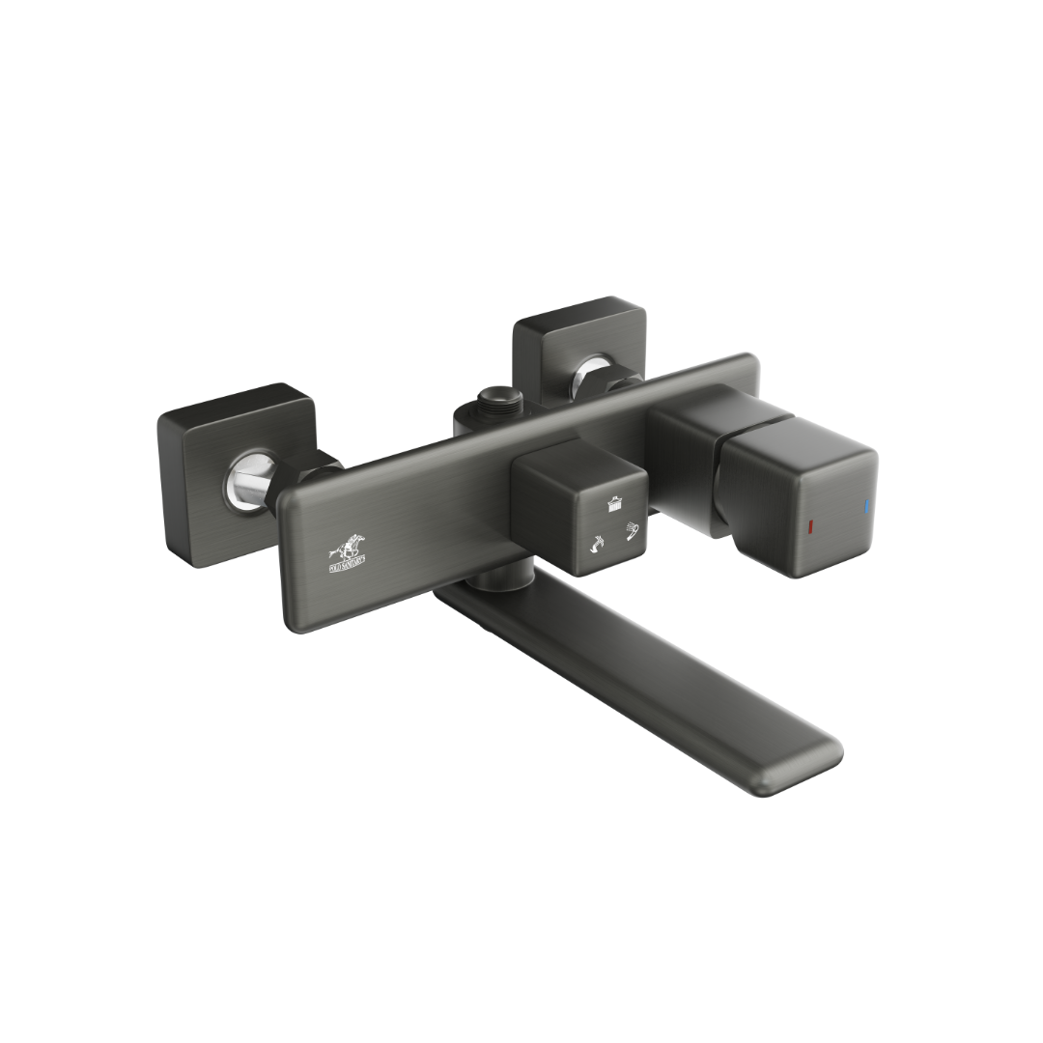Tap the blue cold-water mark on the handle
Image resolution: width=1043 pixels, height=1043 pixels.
point(866,506)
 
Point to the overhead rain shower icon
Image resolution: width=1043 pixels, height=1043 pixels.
point(612,502)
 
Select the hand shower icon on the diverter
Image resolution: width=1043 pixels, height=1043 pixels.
point(633,530)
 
